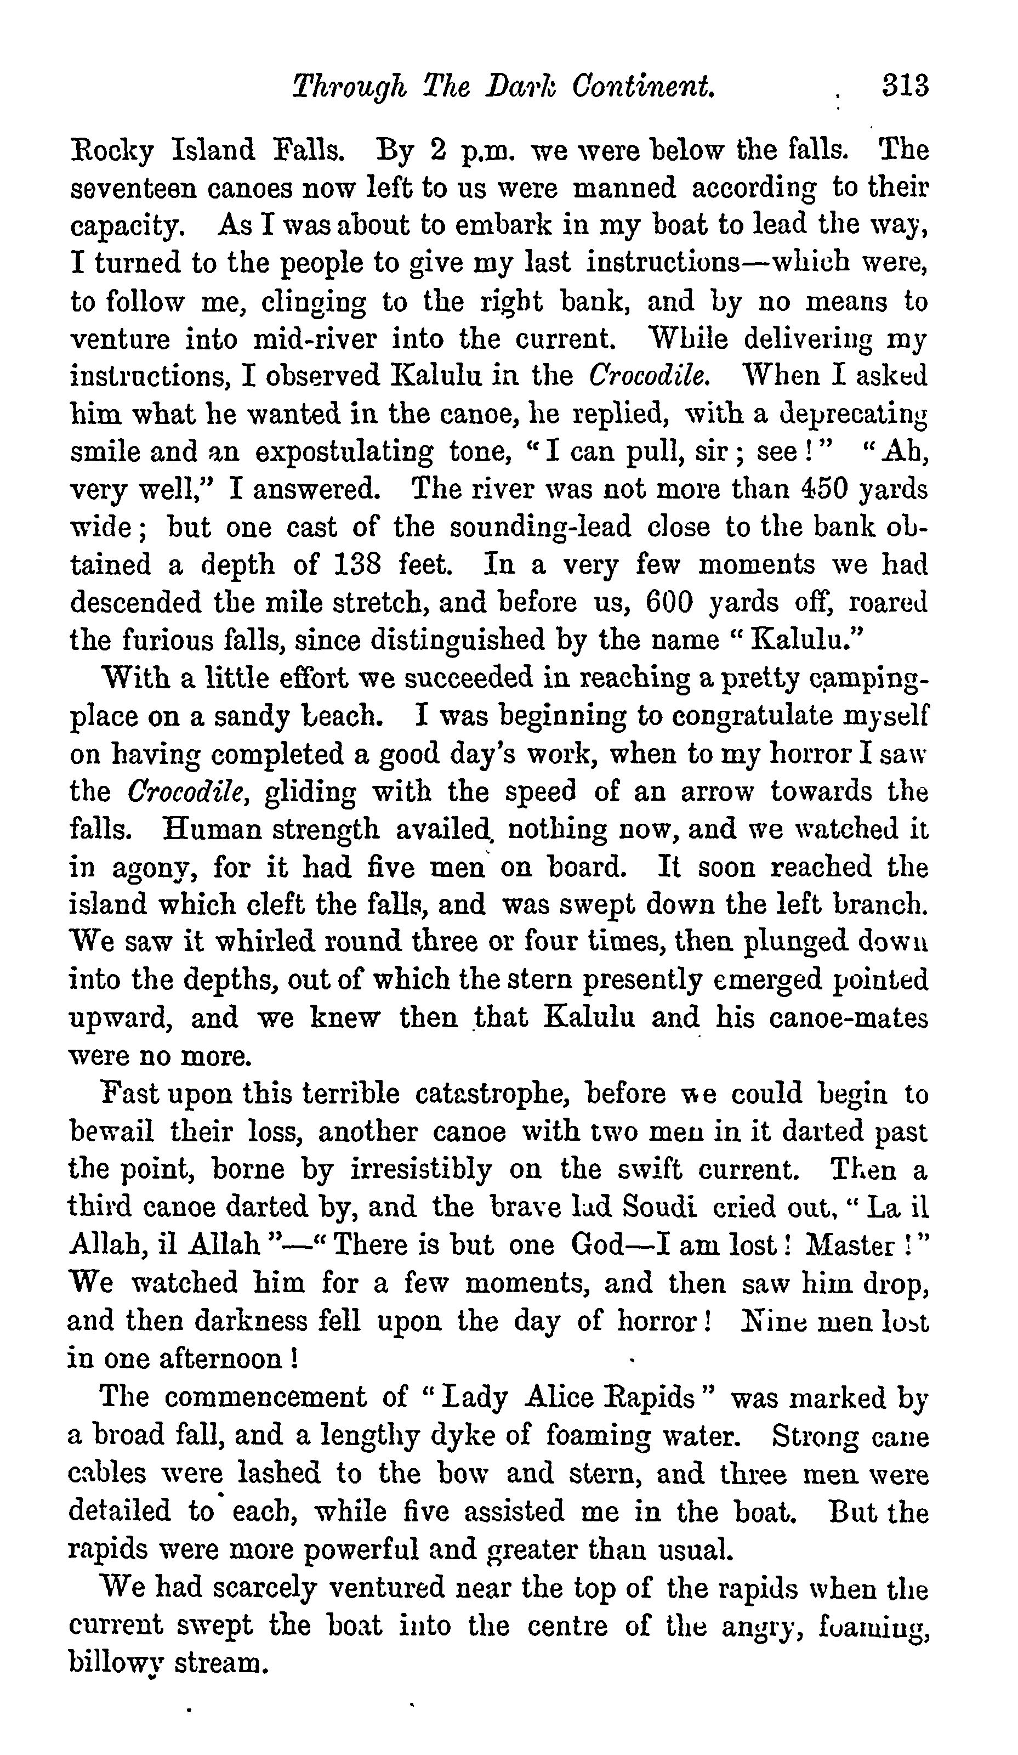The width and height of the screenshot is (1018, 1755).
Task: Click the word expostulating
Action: (x=345, y=452)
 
